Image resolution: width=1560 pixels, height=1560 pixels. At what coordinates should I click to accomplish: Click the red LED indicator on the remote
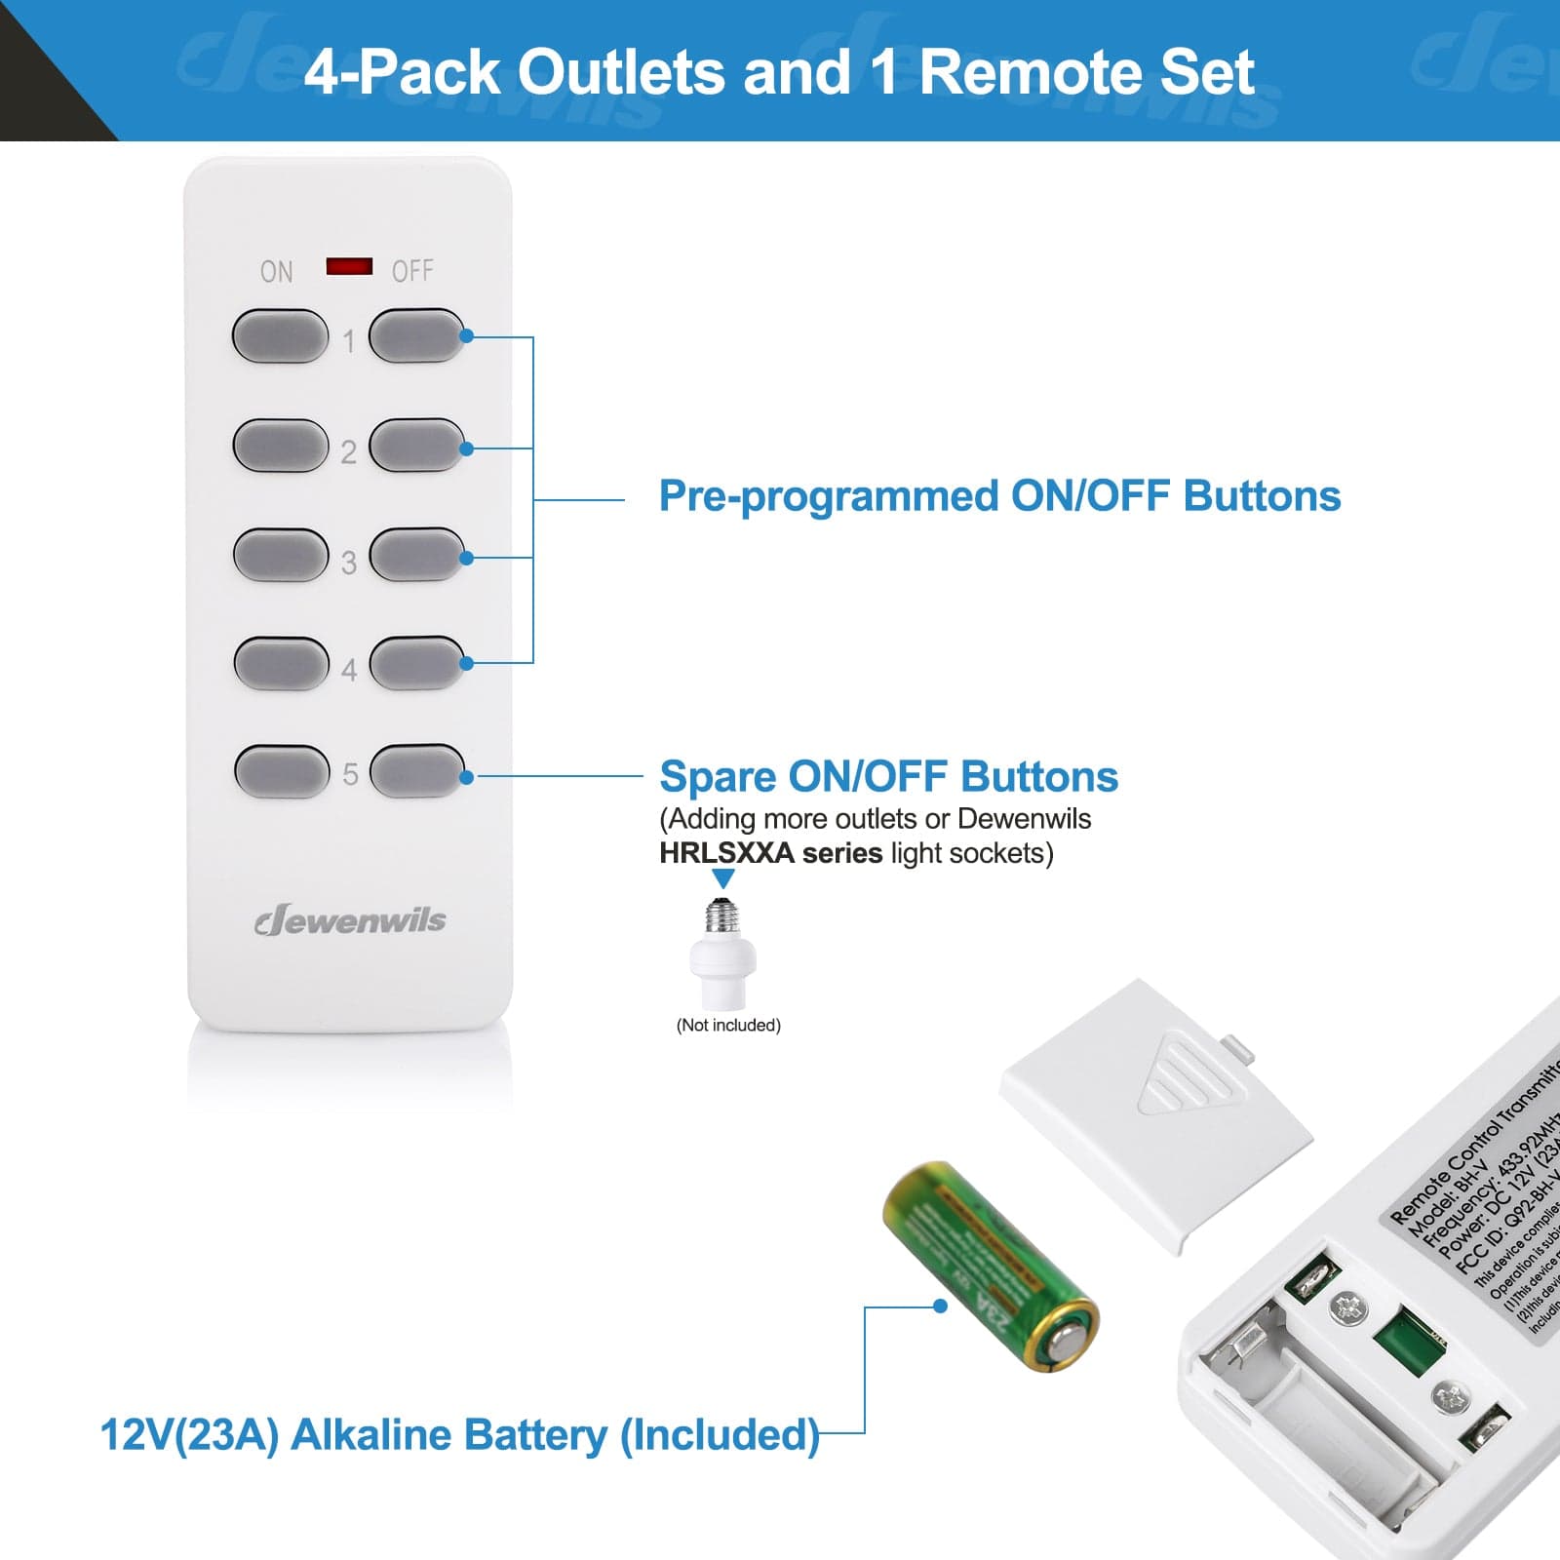click(349, 266)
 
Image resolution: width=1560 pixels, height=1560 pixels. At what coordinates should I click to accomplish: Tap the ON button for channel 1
click(280, 336)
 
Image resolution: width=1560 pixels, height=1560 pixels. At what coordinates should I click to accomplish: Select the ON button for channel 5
click(282, 771)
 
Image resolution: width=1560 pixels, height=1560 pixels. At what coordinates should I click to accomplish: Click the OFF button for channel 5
click(417, 771)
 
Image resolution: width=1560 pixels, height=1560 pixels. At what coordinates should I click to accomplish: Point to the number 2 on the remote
click(348, 452)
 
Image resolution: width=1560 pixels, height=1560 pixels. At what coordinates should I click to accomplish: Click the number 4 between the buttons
click(349, 671)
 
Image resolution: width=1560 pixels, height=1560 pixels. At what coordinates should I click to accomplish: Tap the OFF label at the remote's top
click(411, 271)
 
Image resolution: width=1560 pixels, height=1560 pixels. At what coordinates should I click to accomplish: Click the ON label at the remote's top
click(276, 272)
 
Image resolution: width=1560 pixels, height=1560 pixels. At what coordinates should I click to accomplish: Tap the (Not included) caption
click(728, 1026)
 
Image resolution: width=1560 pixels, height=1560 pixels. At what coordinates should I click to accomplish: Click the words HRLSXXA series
click(770, 853)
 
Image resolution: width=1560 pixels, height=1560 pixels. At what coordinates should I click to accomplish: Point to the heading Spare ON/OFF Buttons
click(888, 777)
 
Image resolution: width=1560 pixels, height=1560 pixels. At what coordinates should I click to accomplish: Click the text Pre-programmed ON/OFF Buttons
click(999, 496)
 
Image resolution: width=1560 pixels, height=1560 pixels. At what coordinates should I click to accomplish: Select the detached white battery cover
click(1155, 1111)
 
